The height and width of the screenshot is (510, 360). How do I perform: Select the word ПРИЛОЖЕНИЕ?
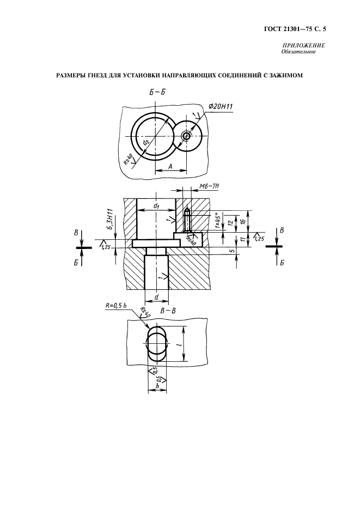[x=304, y=46]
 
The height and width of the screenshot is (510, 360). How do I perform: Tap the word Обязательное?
[x=296, y=52]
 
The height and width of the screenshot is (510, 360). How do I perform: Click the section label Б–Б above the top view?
[x=157, y=92]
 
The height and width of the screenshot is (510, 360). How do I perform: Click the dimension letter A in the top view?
[x=170, y=166]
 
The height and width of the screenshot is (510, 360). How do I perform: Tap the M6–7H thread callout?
[x=209, y=186]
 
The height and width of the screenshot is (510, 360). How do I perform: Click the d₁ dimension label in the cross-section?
[x=156, y=206]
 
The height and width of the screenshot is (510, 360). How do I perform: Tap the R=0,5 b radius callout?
[x=116, y=306]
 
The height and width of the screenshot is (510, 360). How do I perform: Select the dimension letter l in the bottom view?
[x=178, y=345]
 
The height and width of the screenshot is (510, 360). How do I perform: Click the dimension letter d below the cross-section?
[x=156, y=296]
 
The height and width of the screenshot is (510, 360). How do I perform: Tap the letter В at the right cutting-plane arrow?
[x=282, y=230]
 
